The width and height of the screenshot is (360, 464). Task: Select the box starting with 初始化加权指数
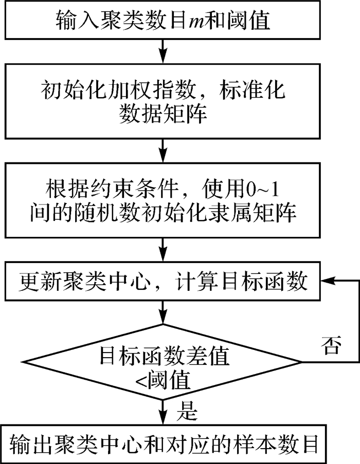tap(164, 100)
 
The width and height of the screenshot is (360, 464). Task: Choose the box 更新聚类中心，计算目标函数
tap(164, 282)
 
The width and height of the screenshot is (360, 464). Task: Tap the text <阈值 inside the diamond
tap(164, 382)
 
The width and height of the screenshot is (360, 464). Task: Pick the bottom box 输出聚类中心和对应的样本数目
tap(164, 441)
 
